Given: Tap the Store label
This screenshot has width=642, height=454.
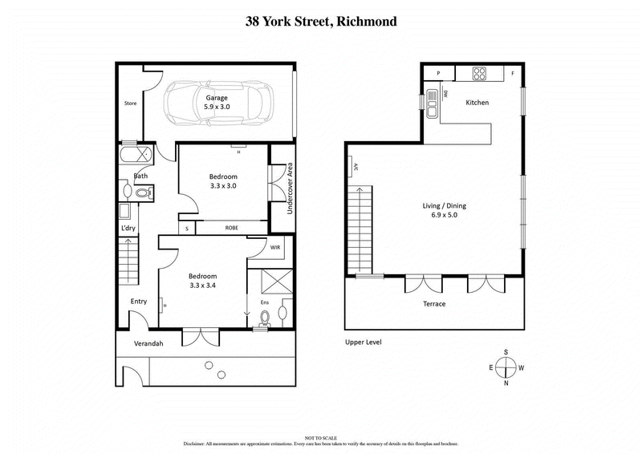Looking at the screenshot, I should (130, 103).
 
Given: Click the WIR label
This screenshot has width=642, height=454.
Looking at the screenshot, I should (274, 248).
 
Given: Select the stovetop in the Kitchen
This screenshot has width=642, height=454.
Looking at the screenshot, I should (480, 74).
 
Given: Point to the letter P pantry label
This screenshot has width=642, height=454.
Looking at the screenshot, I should (438, 74).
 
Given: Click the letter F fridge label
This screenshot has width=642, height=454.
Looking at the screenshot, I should (512, 74).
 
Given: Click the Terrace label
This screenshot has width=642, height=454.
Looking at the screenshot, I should (434, 304).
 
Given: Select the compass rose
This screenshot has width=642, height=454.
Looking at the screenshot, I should (506, 367).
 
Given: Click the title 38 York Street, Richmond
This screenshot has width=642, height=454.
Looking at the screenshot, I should (321, 22).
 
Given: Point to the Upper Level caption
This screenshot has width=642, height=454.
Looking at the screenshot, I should (363, 343).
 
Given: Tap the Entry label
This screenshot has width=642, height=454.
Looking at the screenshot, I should (139, 302).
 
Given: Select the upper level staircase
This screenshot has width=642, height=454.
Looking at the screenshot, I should (360, 229).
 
